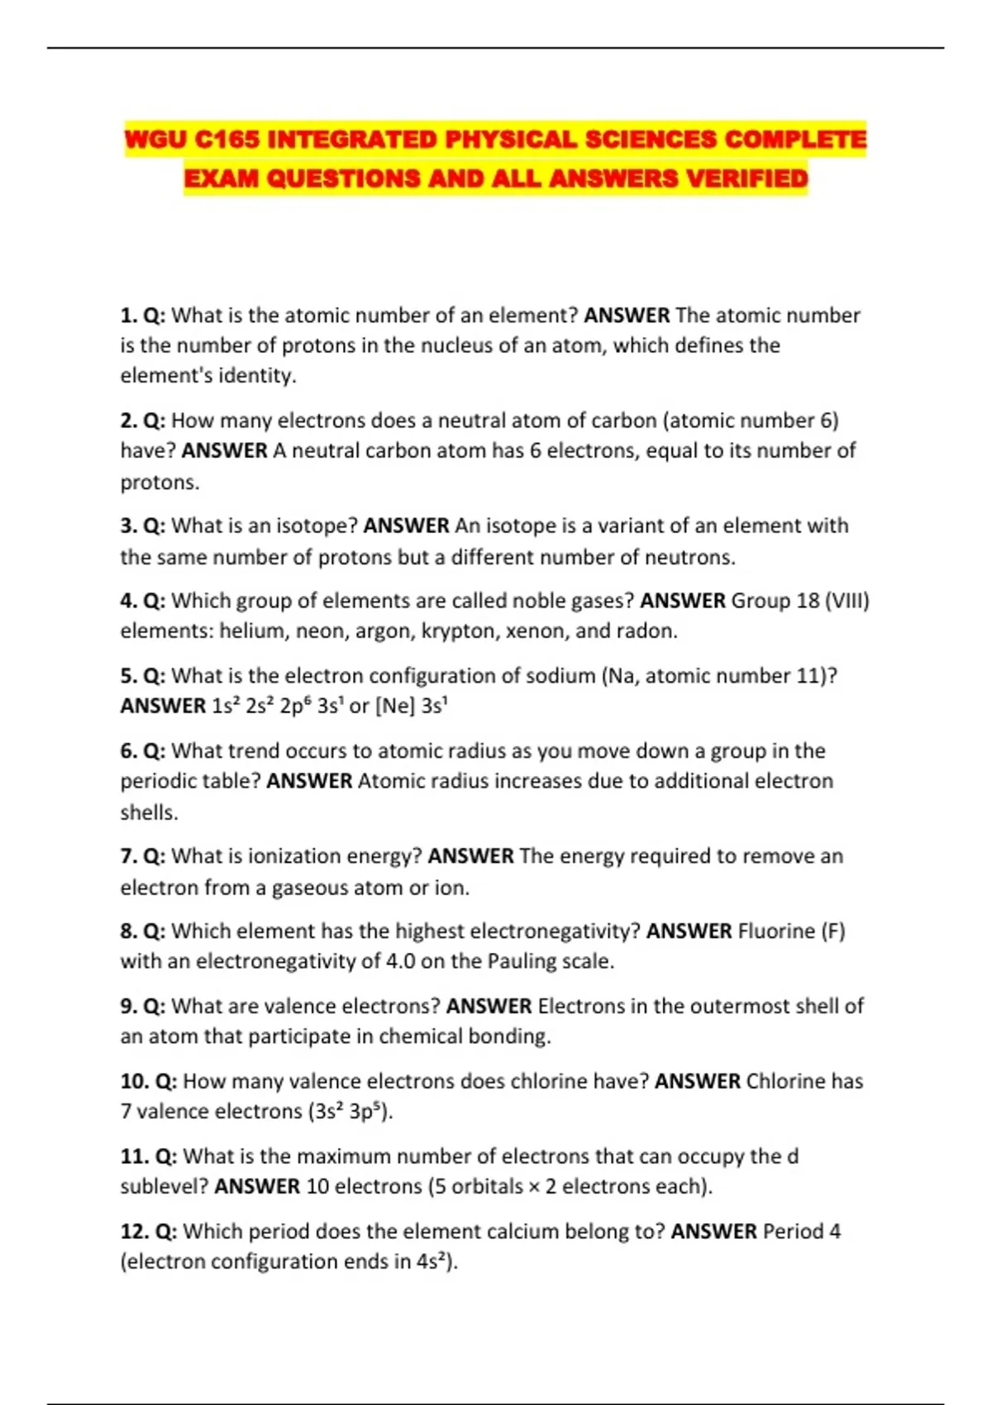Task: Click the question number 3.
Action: pos(128,526)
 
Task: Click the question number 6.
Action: pos(128,751)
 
